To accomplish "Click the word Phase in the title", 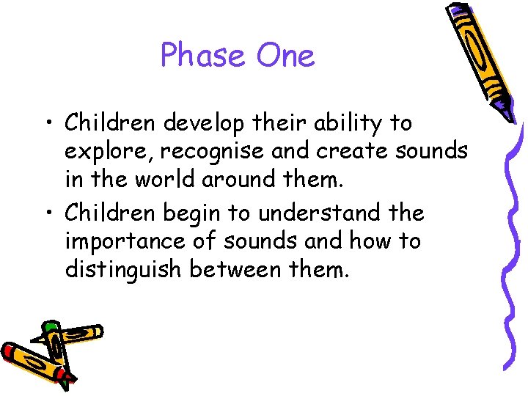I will click(202, 55).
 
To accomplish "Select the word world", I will click(167, 180).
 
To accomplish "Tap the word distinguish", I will click(124, 271).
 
